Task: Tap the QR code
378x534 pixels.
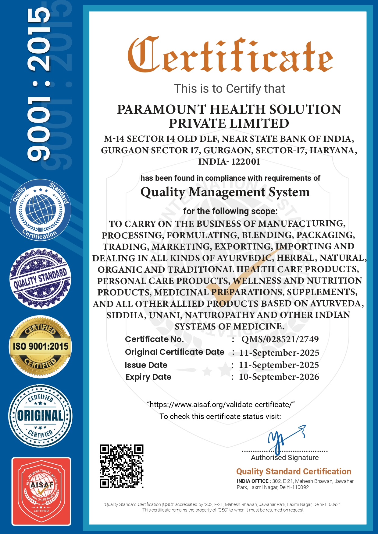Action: point(121,466)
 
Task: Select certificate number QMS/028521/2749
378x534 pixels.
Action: point(280,339)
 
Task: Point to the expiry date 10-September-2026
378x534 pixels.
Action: point(279,377)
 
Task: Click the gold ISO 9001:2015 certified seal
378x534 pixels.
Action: point(41,347)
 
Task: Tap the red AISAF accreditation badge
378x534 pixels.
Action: point(41,491)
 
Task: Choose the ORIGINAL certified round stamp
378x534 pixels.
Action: point(40,416)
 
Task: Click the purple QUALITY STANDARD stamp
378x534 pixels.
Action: point(40,279)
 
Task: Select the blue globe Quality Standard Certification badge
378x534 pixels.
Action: point(40,210)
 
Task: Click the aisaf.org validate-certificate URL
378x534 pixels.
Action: point(221,405)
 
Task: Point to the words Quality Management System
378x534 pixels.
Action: point(225,192)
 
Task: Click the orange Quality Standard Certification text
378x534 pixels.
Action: point(294,472)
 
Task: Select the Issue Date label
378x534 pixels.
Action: point(146,365)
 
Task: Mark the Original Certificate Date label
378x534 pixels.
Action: point(175,352)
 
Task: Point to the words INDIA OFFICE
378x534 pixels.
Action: point(252,481)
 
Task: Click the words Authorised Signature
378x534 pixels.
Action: point(285,458)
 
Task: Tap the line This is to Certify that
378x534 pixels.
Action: point(230,89)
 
